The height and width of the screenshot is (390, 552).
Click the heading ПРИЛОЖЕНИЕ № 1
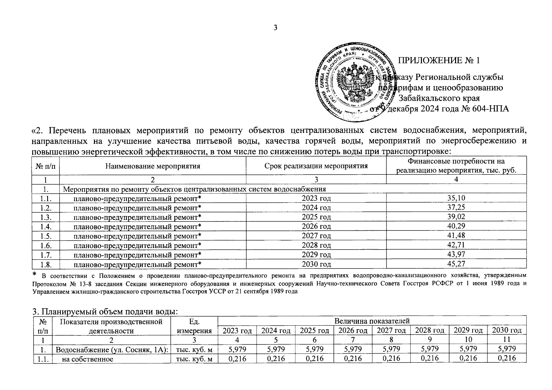point(439,60)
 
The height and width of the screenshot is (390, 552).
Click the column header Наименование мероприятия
point(153,166)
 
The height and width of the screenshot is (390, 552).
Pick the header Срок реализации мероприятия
point(316,166)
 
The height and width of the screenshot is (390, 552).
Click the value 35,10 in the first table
point(456,198)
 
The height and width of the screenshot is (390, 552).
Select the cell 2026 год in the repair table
point(316,226)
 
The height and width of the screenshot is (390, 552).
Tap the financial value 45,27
point(456,264)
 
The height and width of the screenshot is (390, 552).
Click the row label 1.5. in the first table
point(46,236)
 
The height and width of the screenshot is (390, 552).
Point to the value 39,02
point(456,217)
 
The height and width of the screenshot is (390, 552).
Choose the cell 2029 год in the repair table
point(316,254)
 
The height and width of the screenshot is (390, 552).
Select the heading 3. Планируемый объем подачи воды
point(105,312)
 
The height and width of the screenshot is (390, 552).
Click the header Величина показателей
point(372,321)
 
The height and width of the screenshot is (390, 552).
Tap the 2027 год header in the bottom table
point(391,331)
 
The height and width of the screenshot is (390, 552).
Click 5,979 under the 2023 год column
point(237,349)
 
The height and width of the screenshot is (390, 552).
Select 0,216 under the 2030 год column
point(507,358)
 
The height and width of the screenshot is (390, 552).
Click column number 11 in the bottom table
point(507,340)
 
